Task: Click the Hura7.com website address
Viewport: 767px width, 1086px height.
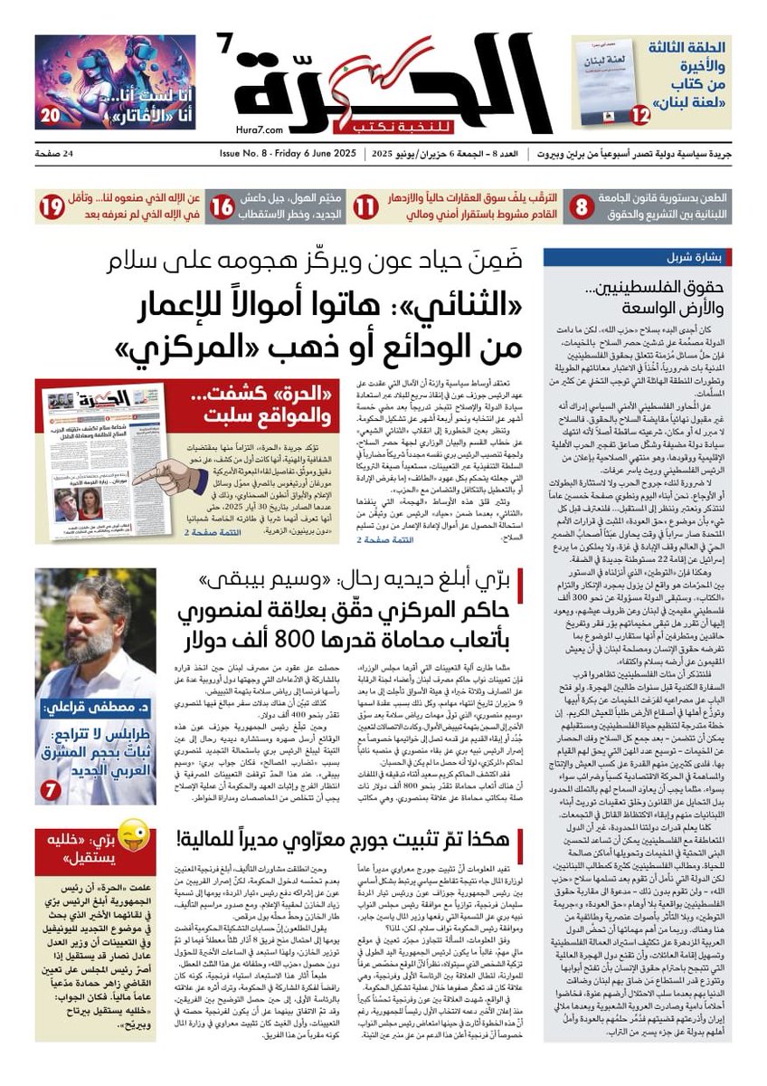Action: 255,130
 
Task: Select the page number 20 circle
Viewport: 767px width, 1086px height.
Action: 51,115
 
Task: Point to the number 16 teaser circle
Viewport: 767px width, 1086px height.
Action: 223,207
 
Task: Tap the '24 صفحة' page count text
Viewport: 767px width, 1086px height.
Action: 57,154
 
